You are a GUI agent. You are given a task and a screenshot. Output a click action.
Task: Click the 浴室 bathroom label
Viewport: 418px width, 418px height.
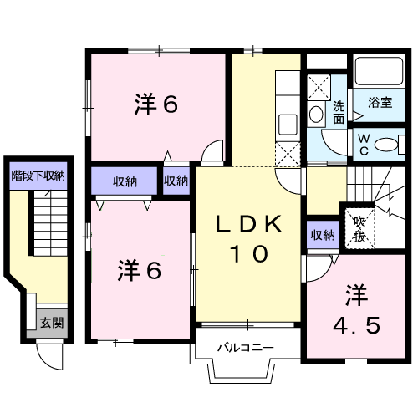point(380,103)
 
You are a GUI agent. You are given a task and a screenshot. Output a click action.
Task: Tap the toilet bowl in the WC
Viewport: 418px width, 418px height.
point(386,145)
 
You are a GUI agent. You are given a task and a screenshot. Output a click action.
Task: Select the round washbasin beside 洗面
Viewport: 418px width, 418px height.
point(316,114)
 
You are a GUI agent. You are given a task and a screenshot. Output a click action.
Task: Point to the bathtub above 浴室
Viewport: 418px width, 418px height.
point(380,71)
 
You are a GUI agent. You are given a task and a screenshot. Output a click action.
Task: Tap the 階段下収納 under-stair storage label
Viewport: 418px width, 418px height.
point(38,176)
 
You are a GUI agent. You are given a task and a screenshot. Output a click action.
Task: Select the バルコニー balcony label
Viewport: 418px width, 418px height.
point(246,348)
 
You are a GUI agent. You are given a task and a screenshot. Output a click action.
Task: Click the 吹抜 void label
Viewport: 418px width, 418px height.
point(359,230)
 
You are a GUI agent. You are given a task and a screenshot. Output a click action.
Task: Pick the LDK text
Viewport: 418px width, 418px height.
point(249,225)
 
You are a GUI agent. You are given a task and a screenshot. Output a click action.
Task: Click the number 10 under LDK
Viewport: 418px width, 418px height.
point(249,254)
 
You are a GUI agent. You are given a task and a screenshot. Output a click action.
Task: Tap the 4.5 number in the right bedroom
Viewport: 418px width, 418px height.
point(356,326)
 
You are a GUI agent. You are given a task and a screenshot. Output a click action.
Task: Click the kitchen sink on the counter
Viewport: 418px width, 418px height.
point(288,125)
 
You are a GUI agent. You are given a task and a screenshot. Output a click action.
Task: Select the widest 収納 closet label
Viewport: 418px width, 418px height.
point(125,181)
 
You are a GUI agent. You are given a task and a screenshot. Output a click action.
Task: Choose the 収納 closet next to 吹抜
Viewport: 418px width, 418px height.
point(323,235)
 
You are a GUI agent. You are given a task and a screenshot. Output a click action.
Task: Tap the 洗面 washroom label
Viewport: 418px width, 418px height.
point(339,112)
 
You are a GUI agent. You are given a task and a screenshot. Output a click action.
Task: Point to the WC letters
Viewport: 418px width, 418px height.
point(364,145)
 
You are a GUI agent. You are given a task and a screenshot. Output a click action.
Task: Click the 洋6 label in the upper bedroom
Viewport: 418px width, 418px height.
point(156,104)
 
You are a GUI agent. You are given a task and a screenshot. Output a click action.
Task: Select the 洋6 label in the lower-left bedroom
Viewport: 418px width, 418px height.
point(140,270)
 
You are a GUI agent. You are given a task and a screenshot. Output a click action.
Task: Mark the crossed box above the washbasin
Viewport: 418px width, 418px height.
point(319,87)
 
